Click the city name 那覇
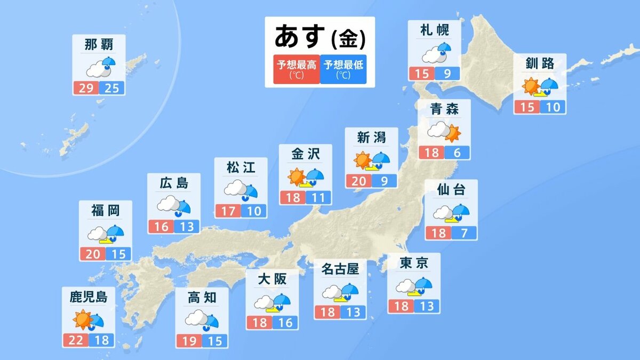[x=99, y=45]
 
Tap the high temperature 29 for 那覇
[x=85, y=87]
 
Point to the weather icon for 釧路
[x=540, y=86]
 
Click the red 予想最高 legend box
[x=296, y=69]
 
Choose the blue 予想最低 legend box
[x=343, y=69]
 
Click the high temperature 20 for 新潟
[x=358, y=181]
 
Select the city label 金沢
[x=306, y=154]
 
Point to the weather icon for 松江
[x=241, y=190]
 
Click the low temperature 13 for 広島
[x=187, y=227]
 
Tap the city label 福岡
[x=105, y=211]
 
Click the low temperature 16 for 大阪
[x=285, y=322]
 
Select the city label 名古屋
[x=340, y=269]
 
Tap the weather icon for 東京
[x=414, y=286]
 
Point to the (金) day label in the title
[x=348, y=38]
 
